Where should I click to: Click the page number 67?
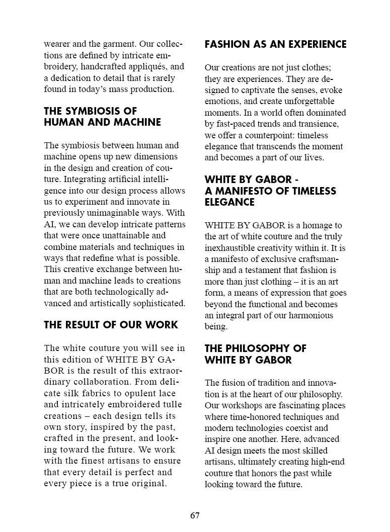point(195,515)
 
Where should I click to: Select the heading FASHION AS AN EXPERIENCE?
point(275,44)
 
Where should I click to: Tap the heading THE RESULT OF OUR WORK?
point(111,325)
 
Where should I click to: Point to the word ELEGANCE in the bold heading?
point(229,202)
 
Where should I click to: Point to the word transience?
point(319,124)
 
